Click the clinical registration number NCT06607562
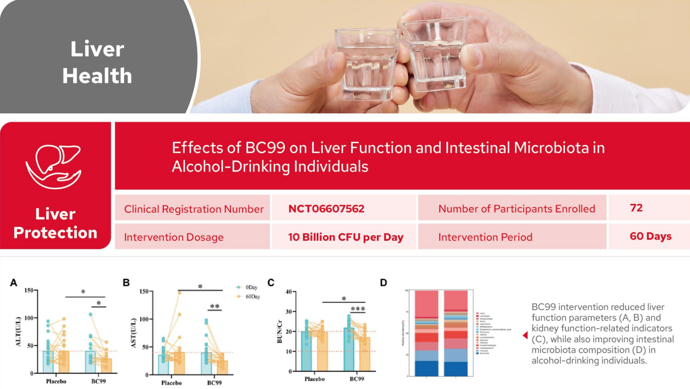pyautogui.click(x=326, y=209)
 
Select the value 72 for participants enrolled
pyautogui.click(x=636, y=208)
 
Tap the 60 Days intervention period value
pyautogui.click(x=650, y=236)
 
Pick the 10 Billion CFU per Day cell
pyautogui.click(x=346, y=237)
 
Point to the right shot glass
pyautogui.click(x=434, y=56)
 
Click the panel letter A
pyautogui.click(x=14, y=283)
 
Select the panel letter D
pyautogui.click(x=383, y=283)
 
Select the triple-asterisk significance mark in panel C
pyautogui.click(x=358, y=309)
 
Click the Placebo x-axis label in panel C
pyautogui.click(x=315, y=379)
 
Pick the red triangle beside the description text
pyautogui.click(x=525, y=335)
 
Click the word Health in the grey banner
pyautogui.click(x=97, y=76)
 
